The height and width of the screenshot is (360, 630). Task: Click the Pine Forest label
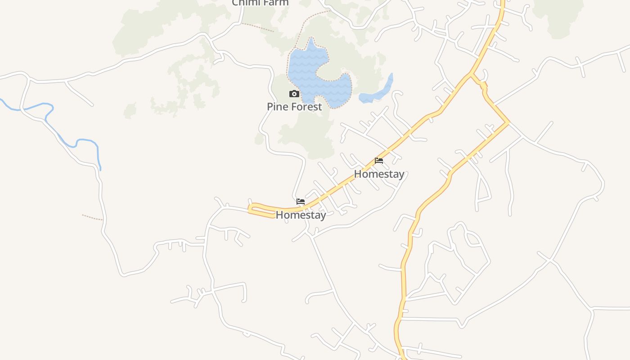coord(294,107)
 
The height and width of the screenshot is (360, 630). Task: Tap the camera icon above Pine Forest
coord(294,94)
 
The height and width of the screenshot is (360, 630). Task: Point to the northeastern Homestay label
coord(379,174)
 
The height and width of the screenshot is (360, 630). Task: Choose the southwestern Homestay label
coord(301,215)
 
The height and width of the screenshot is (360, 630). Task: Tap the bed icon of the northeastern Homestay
coord(379,161)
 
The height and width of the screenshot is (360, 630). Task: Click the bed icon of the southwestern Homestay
coord(301,202)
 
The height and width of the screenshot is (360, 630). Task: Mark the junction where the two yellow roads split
coord(472,74)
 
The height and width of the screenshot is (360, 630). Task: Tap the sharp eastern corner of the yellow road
coord(508,122)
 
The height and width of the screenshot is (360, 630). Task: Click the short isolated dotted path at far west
coord(92,218)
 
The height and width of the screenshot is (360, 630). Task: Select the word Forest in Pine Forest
coord(306,107)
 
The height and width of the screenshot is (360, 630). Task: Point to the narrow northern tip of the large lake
coord(310,42)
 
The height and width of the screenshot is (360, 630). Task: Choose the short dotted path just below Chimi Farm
coord(257,27)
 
